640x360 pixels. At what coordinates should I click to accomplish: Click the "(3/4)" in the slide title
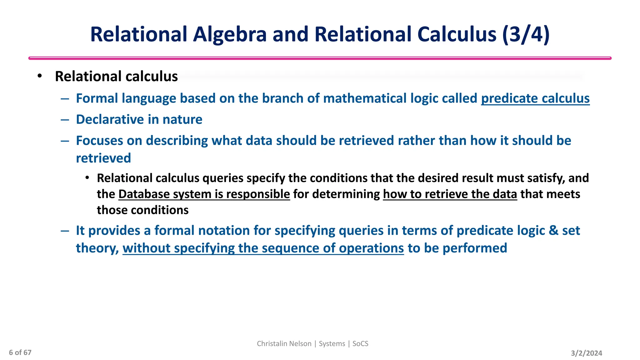(526, 34)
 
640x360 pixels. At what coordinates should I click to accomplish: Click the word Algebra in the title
(230, 34)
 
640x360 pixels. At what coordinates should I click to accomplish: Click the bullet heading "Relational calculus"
(116, 77)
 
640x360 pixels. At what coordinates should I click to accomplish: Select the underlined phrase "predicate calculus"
(535, 98)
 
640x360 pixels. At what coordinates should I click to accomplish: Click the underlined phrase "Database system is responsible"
(204, 194)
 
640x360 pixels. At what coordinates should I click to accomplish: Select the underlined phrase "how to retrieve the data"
(450, 194)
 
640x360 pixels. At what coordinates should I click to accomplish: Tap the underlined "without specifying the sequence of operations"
(263, 248)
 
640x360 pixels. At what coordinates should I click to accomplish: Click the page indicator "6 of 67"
(20, 352)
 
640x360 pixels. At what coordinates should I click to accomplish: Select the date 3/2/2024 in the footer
(586, 353)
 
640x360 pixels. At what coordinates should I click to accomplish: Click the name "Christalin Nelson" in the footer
(284, 344)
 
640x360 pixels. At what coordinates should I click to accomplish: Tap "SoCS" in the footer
(360, 344)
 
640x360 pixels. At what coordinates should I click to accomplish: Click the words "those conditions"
(142, 210)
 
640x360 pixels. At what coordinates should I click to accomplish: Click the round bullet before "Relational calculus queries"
(87, 178)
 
